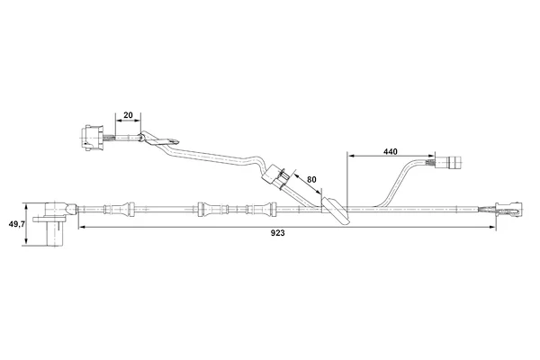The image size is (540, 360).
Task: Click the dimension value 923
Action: pyautogui.click(x=277, y=233)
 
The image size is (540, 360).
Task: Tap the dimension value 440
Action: pyautogui.click(x=391, y=151)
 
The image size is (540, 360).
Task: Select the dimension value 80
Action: pyautogui.click(x=311, y=179)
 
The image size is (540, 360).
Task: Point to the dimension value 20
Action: pyautogui.click(x=128, y=115)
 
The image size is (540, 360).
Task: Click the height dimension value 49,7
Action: pyautogui.click(x=16, y=224)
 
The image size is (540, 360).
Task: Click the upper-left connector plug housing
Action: pyautogui.click(x=92, y=138)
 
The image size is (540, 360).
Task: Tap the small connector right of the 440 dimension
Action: pyautogui.click(x=448, y=162)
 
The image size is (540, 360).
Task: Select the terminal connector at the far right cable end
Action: pyautogui.click(x=509, y=209)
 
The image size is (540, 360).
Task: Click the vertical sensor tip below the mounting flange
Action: pyautogui.click(x=55, y=234)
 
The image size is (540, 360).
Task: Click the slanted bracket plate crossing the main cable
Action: pyautogui.click(x=336, y=211)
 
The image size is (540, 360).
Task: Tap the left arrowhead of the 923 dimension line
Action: pyautogui.click(x=82, y=227)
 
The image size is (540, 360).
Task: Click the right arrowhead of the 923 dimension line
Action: pyautogui.click(x=492, y=227)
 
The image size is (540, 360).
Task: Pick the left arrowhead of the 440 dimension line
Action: pyautogui.click(x=351, y=156)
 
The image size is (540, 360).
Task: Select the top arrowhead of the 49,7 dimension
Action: pyautogui.click(x=26, y=206)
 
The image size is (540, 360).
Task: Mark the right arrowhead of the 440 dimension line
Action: pyautogui.click(x=432, y=156)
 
